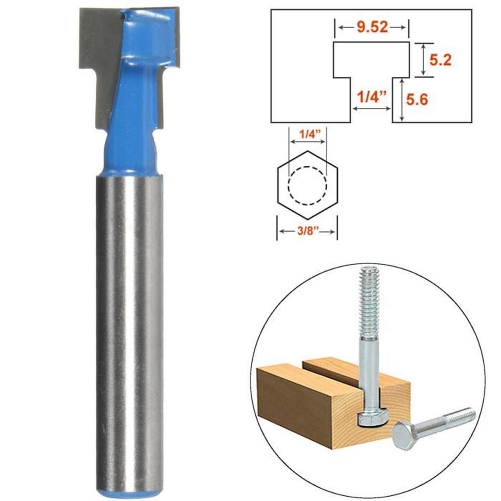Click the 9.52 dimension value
(372, 27)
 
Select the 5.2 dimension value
(440, 61)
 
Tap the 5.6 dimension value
(417, 100)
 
